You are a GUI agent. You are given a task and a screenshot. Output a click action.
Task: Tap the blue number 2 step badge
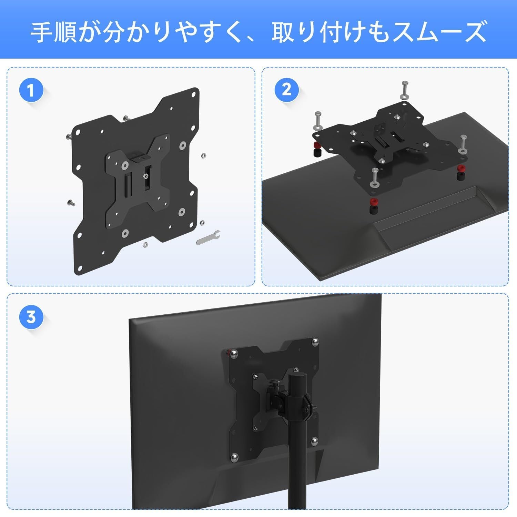click(x=286, y=90)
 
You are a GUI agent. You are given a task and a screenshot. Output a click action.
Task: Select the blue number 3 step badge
click(x=31, y=316)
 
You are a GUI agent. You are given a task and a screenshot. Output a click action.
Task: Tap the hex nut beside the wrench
click(x=202, y=222)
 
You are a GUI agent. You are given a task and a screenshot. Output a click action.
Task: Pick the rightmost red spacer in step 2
click(x=460, y=169)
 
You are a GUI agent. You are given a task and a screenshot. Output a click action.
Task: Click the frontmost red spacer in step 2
click(x=373, y=201)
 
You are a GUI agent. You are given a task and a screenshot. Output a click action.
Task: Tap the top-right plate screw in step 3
click(x=314, y=342)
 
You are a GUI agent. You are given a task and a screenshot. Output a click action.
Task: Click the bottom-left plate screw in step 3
click(x=234, y=457)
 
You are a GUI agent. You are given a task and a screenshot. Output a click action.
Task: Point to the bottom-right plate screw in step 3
click(x=314, y=441)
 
